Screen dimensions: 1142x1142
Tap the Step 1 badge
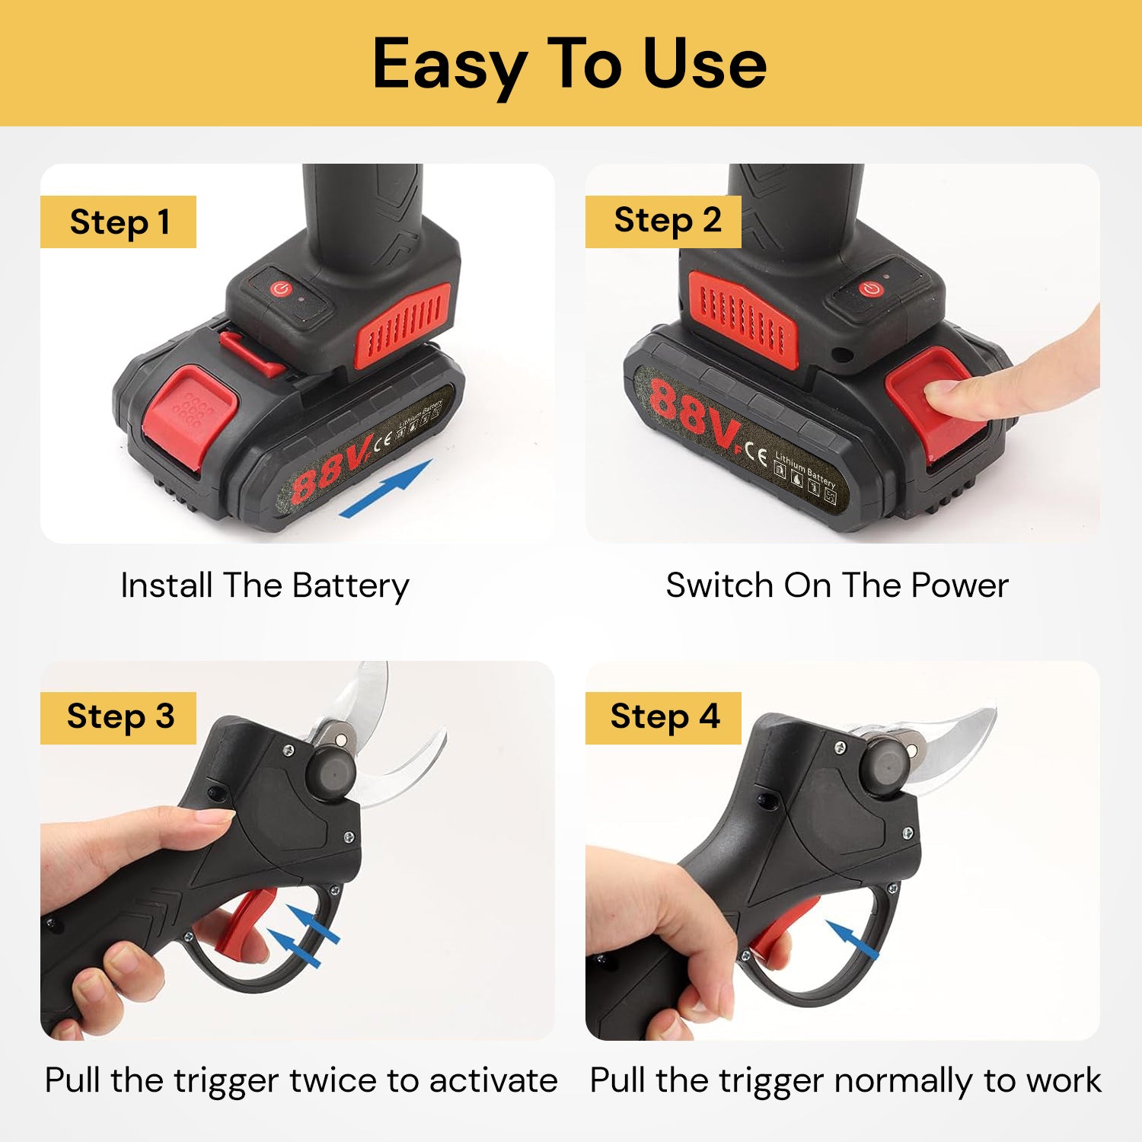click(x=118, y=222)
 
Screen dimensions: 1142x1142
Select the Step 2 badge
click(x=663, y=222)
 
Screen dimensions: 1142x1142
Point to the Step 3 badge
click(x=118, y=718)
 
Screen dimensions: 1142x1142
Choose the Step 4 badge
click(x=663, y=718)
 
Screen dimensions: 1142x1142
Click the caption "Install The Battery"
click(x=265, y=586)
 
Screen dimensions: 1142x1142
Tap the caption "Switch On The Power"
click(x=837, y=585)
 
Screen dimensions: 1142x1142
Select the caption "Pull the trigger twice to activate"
click(x=301, y=1081)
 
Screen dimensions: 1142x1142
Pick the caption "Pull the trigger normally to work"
click(x=845, y=1081)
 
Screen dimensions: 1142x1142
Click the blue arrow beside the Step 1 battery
click(x=386, y=489)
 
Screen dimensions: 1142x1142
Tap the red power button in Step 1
click(x=280, y=289)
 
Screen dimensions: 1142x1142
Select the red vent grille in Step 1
click(x=404, y=324)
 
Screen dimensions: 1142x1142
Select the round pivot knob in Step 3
click(x=330, y=772)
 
